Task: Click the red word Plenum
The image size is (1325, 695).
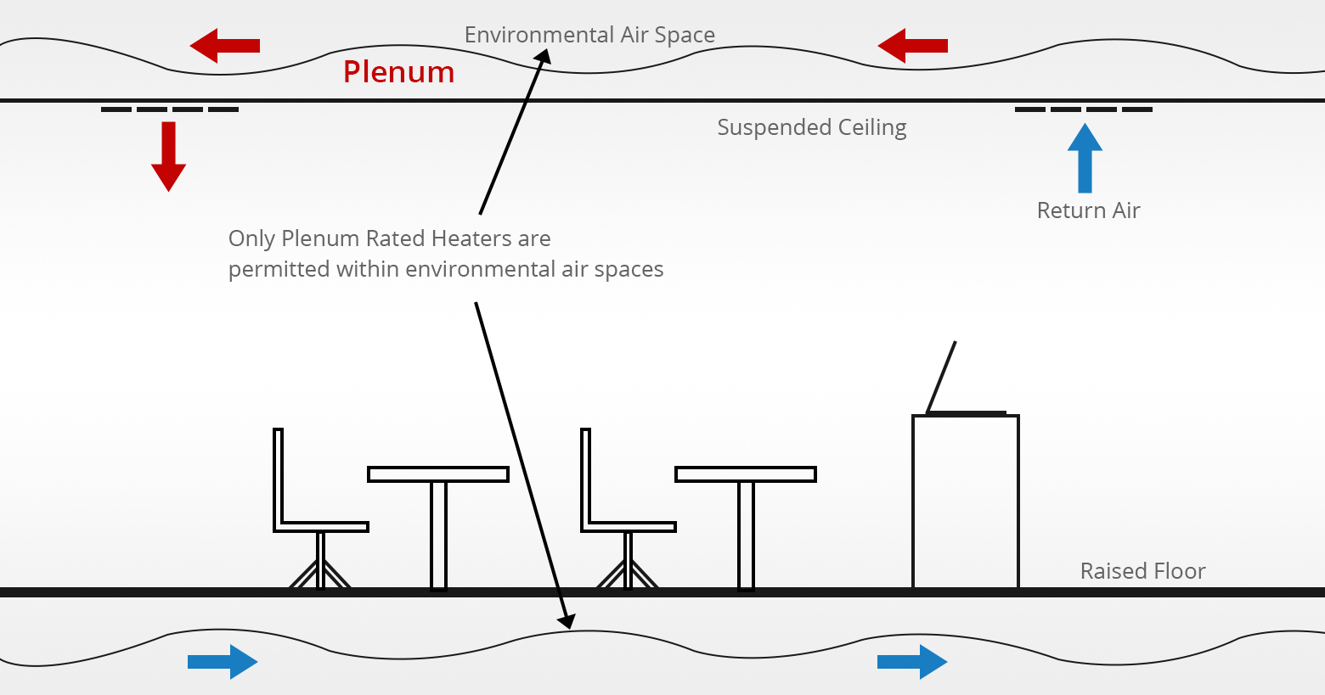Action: pos(398,72)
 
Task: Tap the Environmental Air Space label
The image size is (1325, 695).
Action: pos(589,35)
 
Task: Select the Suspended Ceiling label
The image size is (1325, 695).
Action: pos(811,127)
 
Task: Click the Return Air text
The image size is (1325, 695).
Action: pos(1088,210)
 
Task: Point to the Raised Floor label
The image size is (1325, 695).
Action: pos(1142,571)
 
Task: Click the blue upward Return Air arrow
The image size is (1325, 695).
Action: pos(1085,159)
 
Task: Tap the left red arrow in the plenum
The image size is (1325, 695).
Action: pos(224,46)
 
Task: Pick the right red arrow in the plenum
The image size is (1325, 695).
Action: pos(912,46)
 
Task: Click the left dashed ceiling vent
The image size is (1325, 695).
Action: pos(170,109)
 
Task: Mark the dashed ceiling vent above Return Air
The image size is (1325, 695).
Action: pos(1084,109)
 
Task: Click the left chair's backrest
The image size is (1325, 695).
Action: pos(278,475)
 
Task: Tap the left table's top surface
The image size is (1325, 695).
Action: pos(438,474)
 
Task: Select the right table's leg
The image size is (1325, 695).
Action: pos(746,535)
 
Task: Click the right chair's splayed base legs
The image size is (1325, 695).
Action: pos(628,574)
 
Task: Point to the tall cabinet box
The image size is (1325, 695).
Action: pos(966,501)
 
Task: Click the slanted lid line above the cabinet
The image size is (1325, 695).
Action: pos(941,377)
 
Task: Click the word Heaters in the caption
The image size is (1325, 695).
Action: pos(471,238)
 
